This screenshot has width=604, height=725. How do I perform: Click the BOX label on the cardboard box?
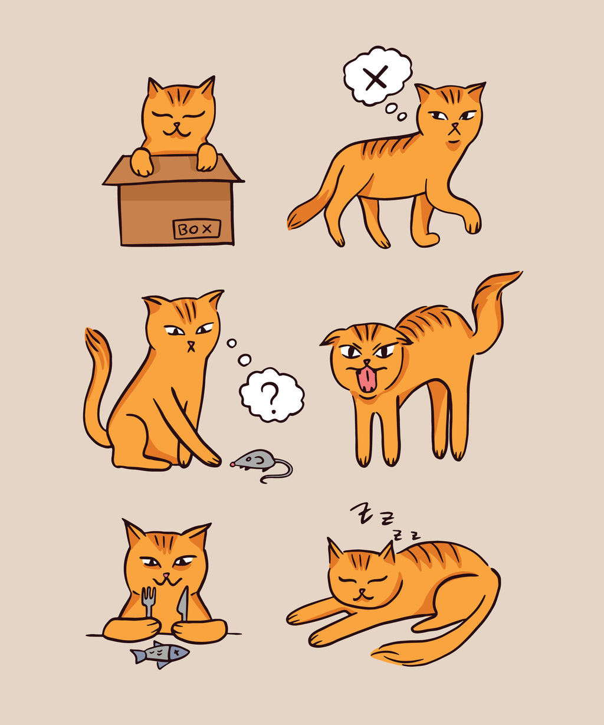tap(197, 229)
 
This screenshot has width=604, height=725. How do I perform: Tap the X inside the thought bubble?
tap(376, 78)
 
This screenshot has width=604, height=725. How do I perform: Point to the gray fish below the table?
tap(160, 654)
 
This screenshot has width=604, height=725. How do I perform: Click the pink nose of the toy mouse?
tap(232, 464)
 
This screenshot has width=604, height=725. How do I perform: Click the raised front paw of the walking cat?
tap(472, 224)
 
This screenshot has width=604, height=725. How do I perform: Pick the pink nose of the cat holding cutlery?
tap(166, 575)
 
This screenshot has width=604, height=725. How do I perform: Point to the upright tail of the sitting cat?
tap(94, 366)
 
